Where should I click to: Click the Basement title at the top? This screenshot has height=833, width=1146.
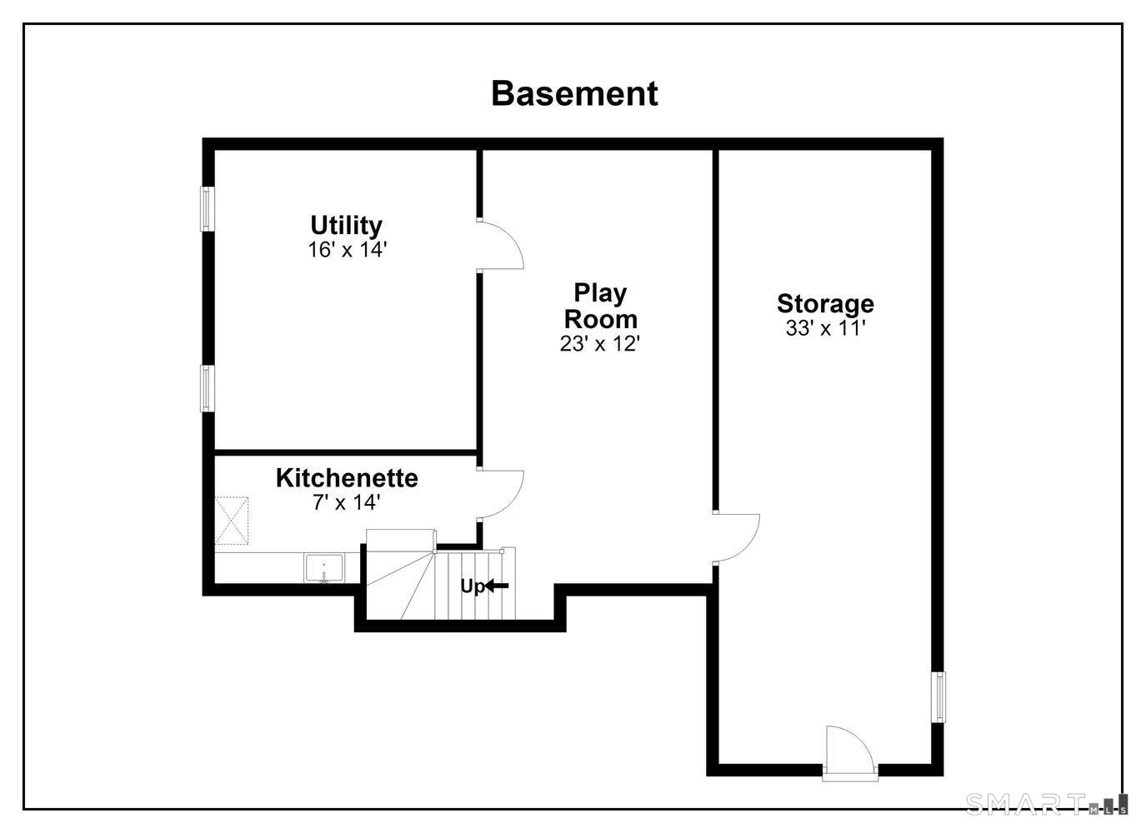click(574, 93)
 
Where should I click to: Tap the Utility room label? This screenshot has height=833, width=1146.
click(347, 225)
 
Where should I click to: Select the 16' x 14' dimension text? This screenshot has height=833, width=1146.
click(347, 250)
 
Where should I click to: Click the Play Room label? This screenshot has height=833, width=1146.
click(601, 306)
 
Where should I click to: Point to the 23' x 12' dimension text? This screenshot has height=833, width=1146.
click(600, 344)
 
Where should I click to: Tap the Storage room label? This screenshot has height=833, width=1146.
click(825, 303)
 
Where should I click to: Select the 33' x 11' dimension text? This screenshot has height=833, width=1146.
click(825, 328)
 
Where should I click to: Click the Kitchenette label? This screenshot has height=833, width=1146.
click(347, 478)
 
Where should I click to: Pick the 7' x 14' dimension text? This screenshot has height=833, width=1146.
click(347, 502)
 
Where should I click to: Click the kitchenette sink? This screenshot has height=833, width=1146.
click(324, 567)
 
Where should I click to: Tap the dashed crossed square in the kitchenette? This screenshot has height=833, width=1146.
click(231, 521)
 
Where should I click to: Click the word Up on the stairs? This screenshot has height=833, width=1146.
click(473, 586)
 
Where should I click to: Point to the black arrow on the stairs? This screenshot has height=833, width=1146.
click(497, 586)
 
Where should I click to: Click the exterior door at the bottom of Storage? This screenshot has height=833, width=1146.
click(850, 754)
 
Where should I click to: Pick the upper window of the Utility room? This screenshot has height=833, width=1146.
click(207, 209)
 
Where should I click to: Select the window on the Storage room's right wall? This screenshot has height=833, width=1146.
click(938, 697)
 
